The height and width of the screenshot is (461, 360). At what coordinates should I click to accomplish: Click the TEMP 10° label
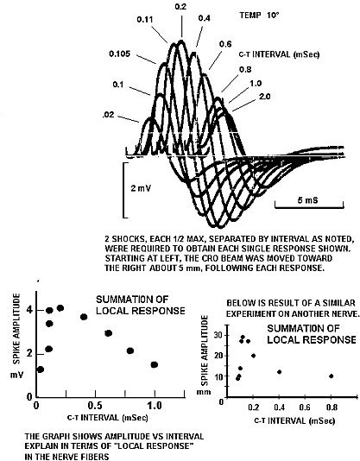pyautogui.click(x=258, y=15)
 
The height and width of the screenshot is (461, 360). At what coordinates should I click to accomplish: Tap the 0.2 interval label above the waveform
pyautogui.click(x=180, y=6)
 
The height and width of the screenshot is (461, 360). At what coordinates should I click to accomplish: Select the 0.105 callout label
pyautogui.click(x=119, y=54)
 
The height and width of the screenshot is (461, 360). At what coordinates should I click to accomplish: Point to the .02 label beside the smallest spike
pyautogui.click(x=108, y=115)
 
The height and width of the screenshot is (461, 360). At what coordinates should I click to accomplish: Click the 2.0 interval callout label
pyautogui.click(x=265, y=96)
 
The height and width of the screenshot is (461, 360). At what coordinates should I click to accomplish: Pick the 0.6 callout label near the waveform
pyautogui.click(x=225, y=44)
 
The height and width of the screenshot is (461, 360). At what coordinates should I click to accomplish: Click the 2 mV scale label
pyautogui.click(x=141, y=188)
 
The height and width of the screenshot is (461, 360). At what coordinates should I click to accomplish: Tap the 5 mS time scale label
pyautogui.click(x=307, y=200)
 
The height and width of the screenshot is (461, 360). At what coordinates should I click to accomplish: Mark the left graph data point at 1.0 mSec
pyautogui.click(x=155, y=364)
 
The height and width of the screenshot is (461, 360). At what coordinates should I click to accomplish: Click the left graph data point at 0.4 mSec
pyautogui.click(x=84, y=317)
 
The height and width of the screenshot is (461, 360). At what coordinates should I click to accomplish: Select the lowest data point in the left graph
pyautogui.click(x=41, y=369)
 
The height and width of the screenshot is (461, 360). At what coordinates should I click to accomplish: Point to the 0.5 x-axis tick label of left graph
pyautogui.click(x=95, y=406)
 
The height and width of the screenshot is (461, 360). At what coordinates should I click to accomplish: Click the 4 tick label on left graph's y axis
pyautogui.click(x=29, y=310)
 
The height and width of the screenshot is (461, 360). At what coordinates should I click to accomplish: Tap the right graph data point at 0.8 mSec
pyautogui.click(x=332, y=376)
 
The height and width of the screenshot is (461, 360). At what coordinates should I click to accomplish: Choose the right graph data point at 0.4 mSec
pyautogui.click(x=280, y=372)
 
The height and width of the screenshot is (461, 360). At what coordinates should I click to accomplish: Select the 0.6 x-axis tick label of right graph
pyautogui.click(x=305, y=407)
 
